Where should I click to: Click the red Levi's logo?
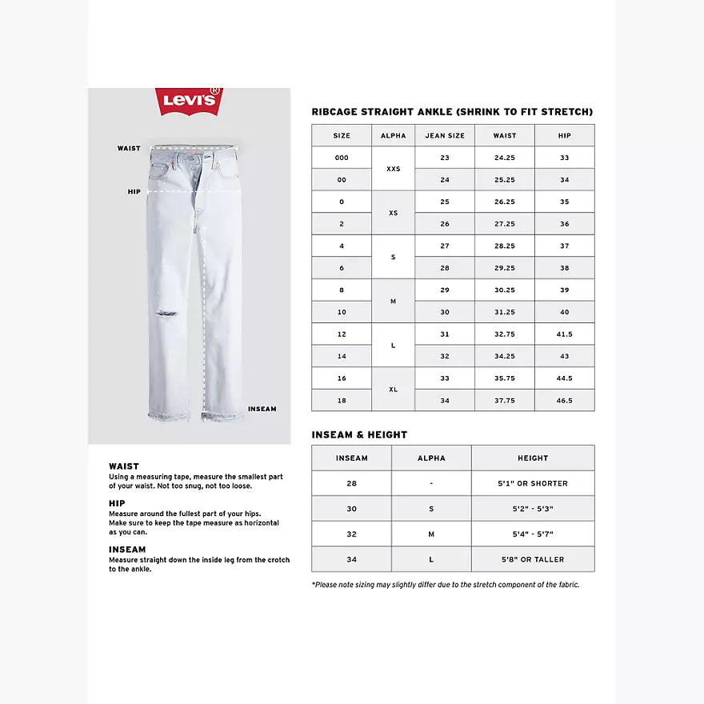point(190,101)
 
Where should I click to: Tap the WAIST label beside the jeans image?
point(129,148)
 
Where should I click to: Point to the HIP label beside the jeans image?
point(134,192)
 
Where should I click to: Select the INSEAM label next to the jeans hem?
point(262,409)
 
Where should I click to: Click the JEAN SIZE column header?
point(445,135)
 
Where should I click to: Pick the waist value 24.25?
point(505,158)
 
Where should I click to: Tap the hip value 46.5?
point(565,400)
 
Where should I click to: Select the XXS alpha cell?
point(393,169)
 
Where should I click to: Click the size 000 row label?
point(342,158)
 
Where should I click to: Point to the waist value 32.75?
point(505,334)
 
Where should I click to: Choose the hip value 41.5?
point(565,334)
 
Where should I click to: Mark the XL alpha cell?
point(393,390)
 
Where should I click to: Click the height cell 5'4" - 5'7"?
point(533,534)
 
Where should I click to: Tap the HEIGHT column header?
point(533,458)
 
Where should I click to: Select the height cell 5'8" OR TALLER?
point(533,559)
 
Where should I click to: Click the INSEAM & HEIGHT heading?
point(359,434)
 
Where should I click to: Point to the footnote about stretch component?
point(446,585)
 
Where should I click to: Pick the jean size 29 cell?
point(445,290)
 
